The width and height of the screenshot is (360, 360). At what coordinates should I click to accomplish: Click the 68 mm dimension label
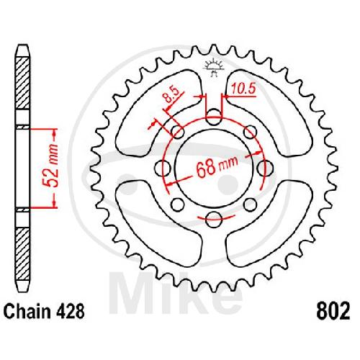(217, 166)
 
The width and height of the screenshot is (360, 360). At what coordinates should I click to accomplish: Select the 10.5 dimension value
(243, 89)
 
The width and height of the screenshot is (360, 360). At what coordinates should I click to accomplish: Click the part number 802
(333, 311)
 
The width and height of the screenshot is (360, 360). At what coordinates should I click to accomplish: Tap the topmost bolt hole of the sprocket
(214, 117)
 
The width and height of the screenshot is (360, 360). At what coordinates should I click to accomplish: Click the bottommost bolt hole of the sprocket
(214, 220)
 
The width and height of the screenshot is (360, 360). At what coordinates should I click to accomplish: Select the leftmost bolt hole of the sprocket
(163, 168)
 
